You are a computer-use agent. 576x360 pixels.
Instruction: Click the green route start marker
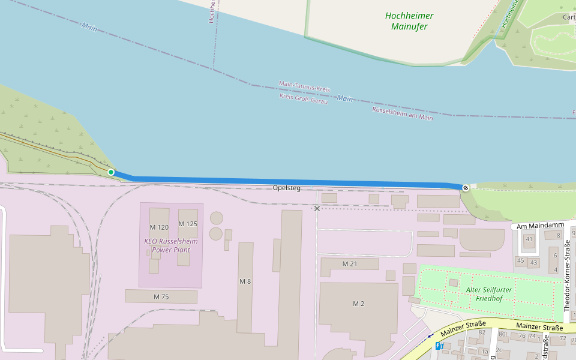(x=111, y=172)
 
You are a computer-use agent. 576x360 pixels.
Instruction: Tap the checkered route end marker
(x=466, y=187)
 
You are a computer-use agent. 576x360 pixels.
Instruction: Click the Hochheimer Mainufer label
(x=409, y=21)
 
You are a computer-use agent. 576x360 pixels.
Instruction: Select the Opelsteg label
(x=286, y=188)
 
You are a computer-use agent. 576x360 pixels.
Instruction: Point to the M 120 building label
(x=159, y=227)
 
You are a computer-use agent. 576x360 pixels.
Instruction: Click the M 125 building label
(x=188, y=224)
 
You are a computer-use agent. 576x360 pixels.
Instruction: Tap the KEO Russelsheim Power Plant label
(x=171, y=245)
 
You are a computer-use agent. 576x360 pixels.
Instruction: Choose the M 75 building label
(x=161, y=296)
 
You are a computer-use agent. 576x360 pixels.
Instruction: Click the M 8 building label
(x=245, y=281)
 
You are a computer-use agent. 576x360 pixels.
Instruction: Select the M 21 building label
(x=349, y=264)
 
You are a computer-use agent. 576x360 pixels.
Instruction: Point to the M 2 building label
(x=358, y=304)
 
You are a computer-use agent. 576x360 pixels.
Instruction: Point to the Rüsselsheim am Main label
(x=403, y=114)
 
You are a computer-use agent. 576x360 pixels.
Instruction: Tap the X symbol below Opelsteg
(x=317, y=208)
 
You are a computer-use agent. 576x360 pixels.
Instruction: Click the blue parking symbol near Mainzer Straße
(x=439, y=346)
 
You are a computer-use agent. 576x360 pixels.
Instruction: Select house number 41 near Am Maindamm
(x=529, y=239)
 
